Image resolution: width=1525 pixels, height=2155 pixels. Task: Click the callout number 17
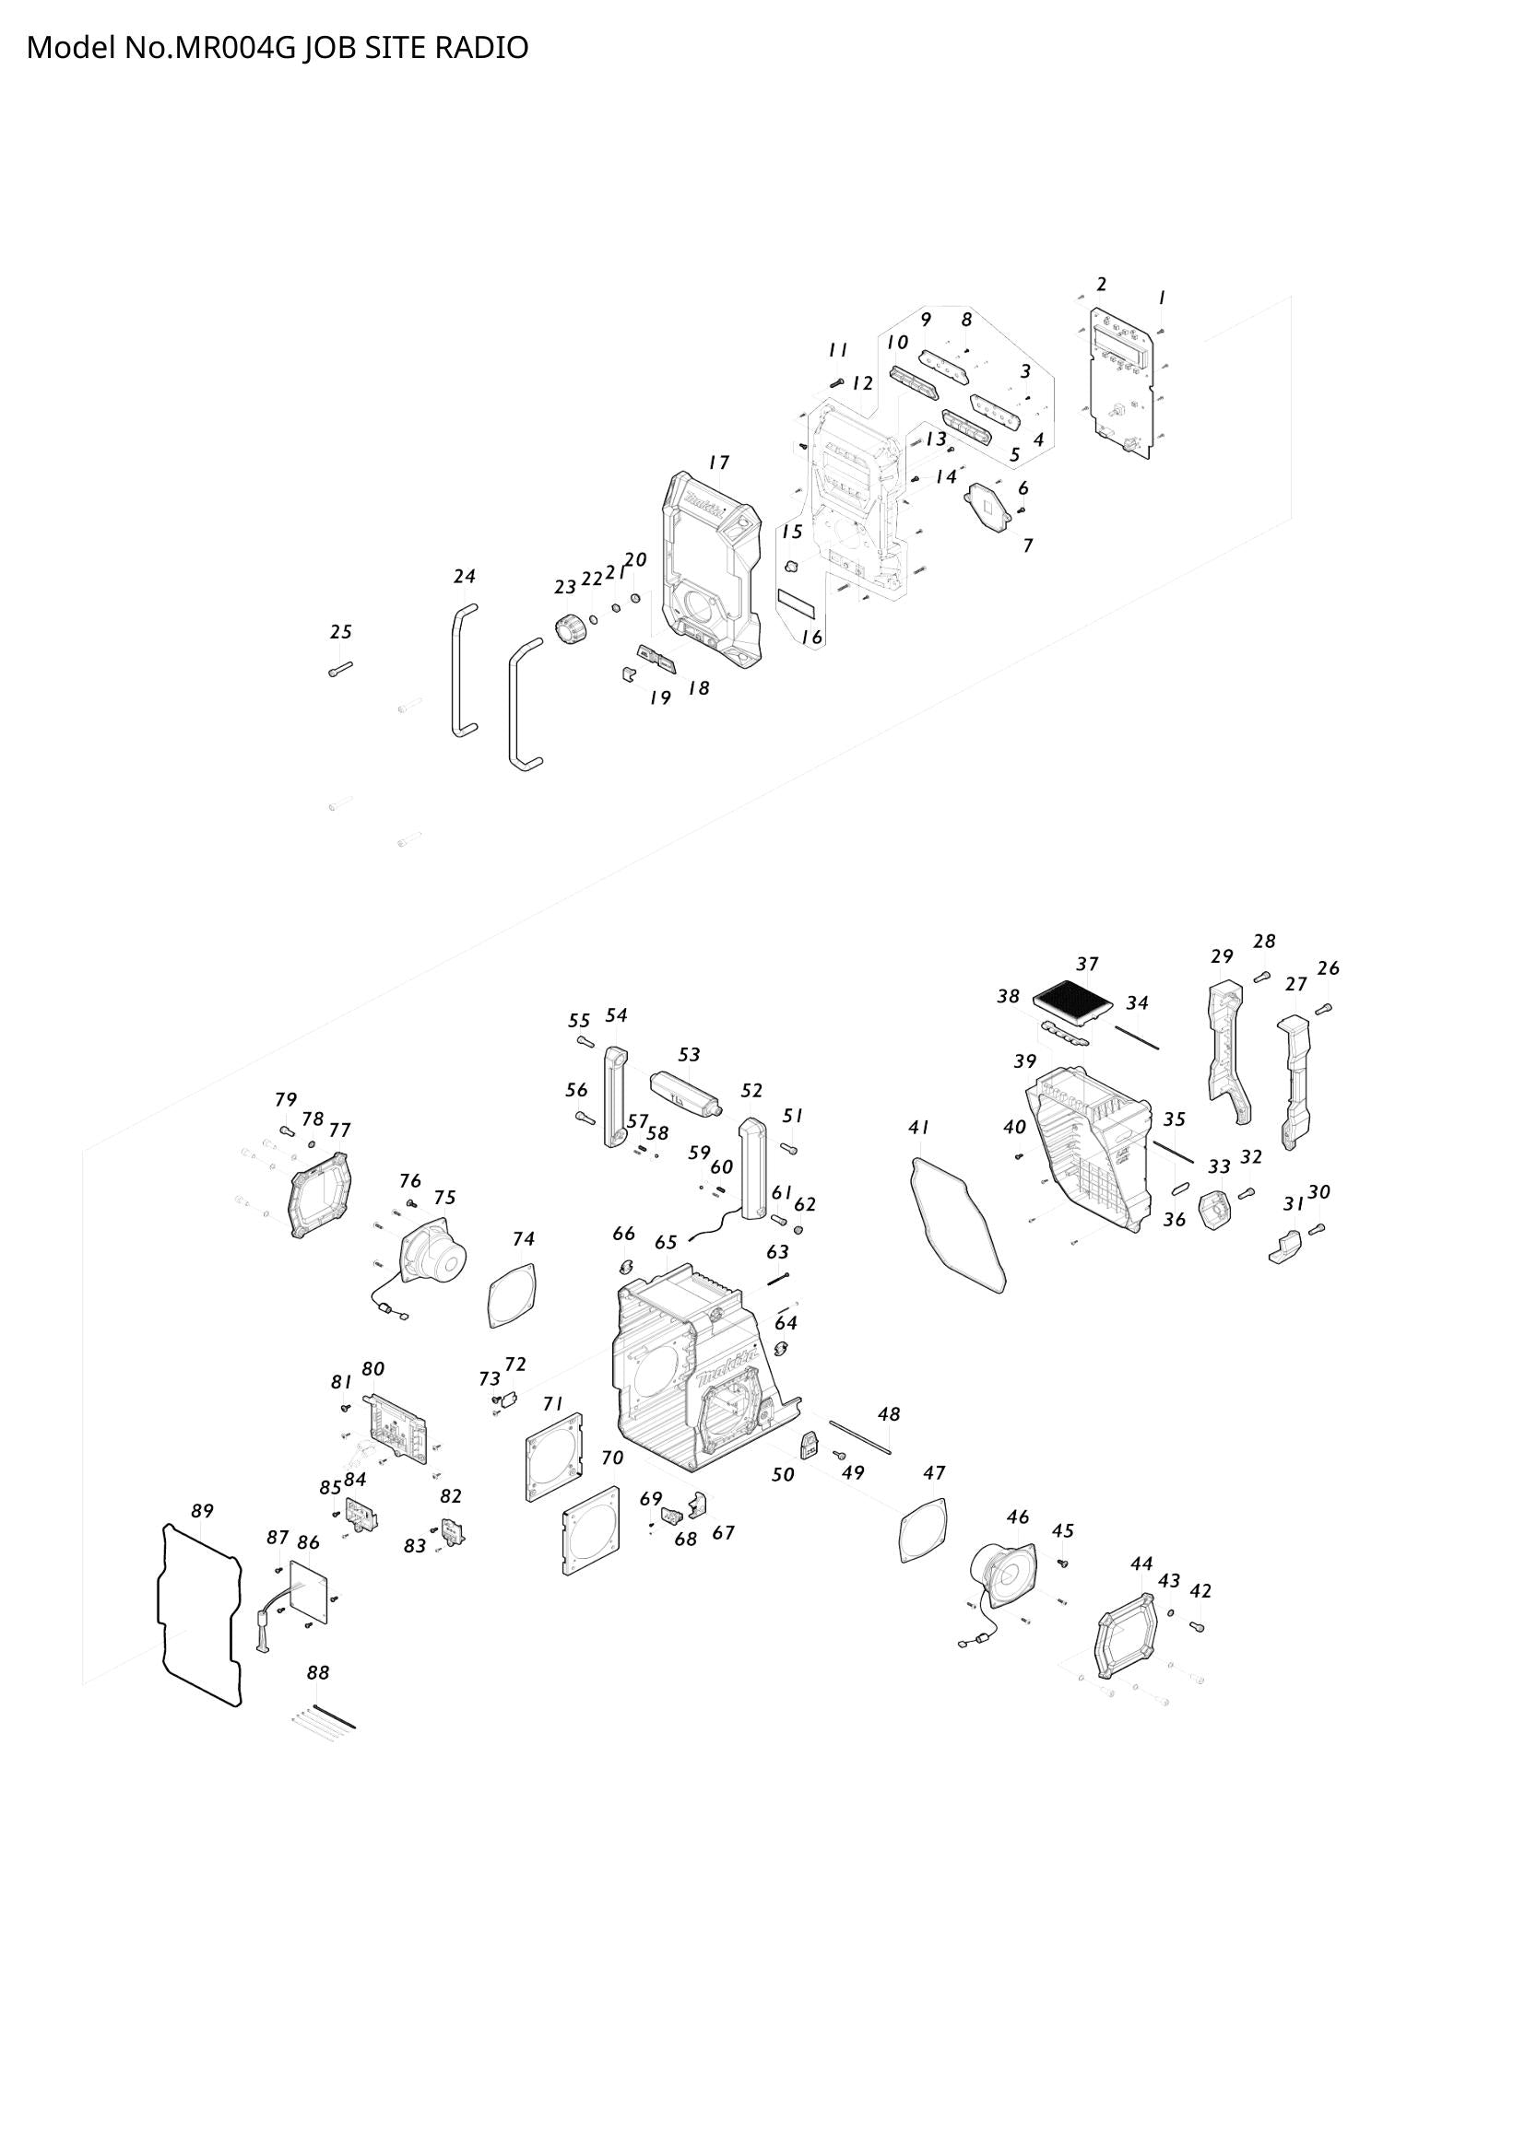pos(719,462)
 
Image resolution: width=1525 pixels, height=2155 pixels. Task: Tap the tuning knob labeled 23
pos(569,628)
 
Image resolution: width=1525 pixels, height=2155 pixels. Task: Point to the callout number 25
pos(341,632)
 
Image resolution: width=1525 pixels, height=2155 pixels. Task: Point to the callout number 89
pos(202,1510)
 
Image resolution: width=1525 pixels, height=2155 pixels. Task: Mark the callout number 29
pos(1222,956)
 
